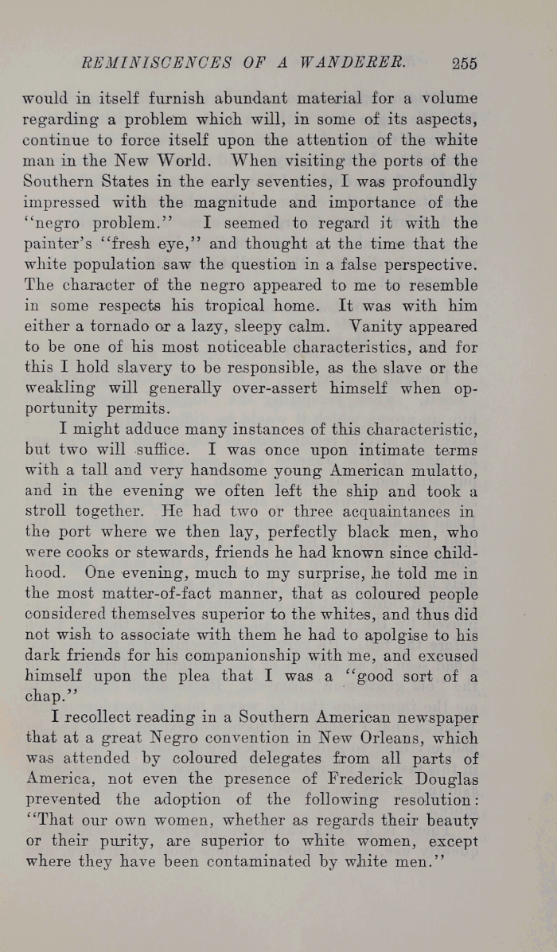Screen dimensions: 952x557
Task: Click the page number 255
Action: [x=462, y=64]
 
